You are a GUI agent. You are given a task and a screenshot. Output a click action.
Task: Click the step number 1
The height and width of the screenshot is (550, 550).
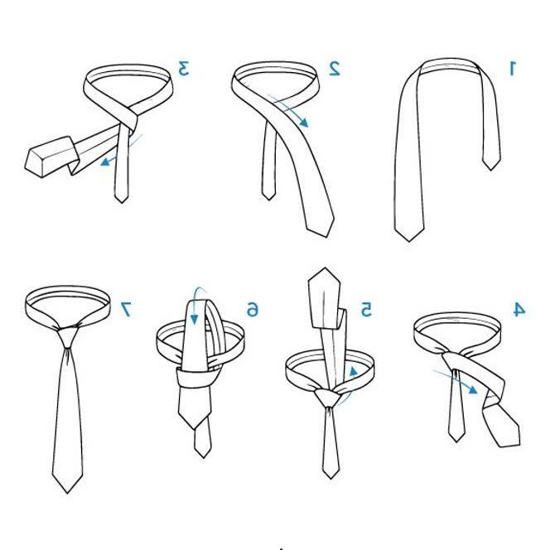pos(513,68)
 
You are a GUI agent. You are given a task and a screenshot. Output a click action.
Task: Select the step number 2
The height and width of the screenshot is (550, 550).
pos(335,68)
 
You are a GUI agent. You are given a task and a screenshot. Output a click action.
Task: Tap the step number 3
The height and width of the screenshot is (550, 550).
pos(184,68)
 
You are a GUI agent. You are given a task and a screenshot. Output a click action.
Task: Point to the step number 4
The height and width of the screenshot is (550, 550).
pos(519,309)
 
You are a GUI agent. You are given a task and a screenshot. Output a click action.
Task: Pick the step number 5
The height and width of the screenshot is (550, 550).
pos(366,310)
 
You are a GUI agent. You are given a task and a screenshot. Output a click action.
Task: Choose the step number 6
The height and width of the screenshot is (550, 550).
pos(252,310)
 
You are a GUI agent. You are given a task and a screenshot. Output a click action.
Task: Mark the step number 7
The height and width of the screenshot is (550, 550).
pos(125,309)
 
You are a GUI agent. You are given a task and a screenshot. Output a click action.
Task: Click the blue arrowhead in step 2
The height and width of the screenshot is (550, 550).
pos(304,123)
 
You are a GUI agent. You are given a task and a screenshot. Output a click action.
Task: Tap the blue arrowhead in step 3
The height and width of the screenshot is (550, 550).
pos(105,162)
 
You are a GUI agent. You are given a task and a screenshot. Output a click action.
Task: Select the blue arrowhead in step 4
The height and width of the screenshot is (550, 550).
pos(473,389)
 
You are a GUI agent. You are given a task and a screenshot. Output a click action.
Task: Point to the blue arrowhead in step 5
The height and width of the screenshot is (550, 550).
pos(354,372)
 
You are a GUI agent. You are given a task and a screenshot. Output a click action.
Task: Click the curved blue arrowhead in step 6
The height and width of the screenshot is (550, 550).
pos(194,320)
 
